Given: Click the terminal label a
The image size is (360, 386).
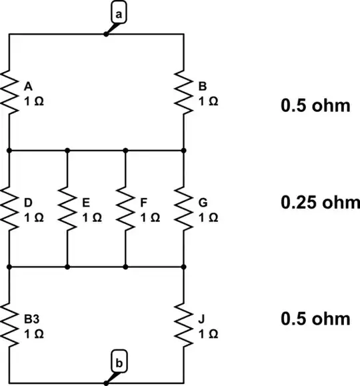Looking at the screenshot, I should [119, 14].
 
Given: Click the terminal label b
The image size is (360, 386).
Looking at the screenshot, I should [117, 363].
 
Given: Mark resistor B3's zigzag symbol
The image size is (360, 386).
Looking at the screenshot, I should [10, 325].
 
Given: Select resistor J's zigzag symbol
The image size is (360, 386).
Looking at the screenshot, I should [183, 325].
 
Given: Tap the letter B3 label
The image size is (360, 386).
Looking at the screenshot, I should [30, 319].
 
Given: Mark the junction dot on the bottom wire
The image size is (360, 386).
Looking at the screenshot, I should [105, 383].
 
